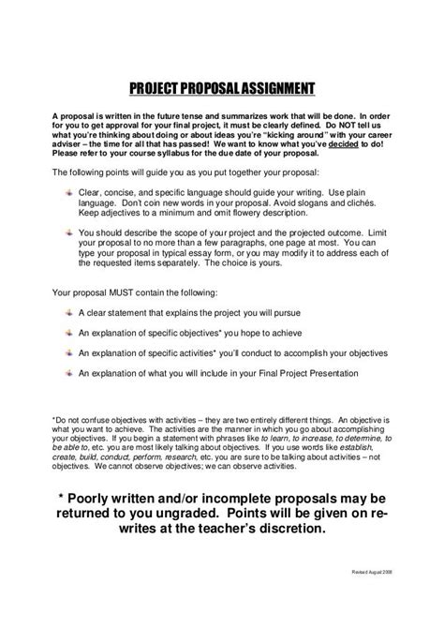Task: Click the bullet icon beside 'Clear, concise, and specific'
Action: (x=69, y=190)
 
